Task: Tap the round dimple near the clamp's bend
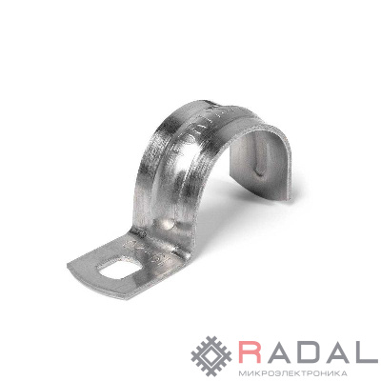point(168,224)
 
